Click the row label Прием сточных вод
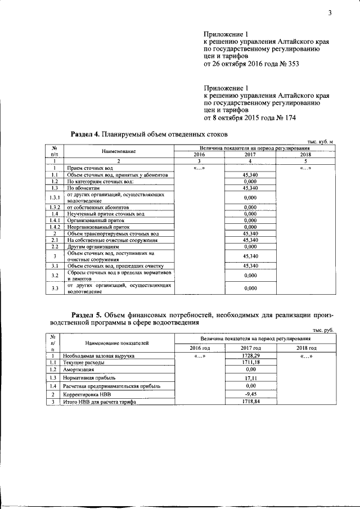click(91, 168)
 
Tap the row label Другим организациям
click(93, 246)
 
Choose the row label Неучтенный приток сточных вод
click(106, 214)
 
